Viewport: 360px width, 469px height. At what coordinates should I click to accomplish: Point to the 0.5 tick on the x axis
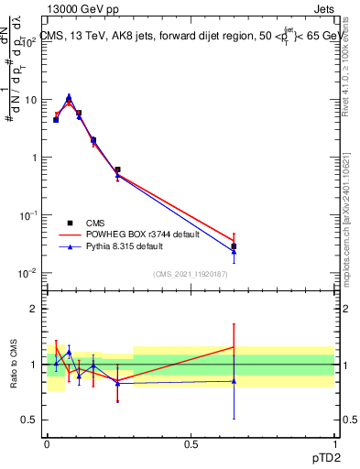click(191, 443)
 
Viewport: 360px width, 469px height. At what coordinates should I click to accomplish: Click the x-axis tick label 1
click(334, 443)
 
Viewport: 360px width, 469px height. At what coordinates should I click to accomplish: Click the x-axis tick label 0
click(47, 443)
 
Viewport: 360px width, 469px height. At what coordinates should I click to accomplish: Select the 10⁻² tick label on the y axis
click(29, 273)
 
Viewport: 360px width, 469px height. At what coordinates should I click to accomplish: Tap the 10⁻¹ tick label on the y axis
click(29, 214)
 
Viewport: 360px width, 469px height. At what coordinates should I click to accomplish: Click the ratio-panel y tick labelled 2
click(35, 309)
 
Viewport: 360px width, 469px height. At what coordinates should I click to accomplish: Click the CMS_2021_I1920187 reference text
click(190, 273)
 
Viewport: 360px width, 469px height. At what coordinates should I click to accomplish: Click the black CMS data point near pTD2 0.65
click(234, 246)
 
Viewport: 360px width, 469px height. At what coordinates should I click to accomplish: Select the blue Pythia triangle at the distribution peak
click(69, 95)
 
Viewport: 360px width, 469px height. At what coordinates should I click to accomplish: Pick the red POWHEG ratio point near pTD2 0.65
click(234, 346)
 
